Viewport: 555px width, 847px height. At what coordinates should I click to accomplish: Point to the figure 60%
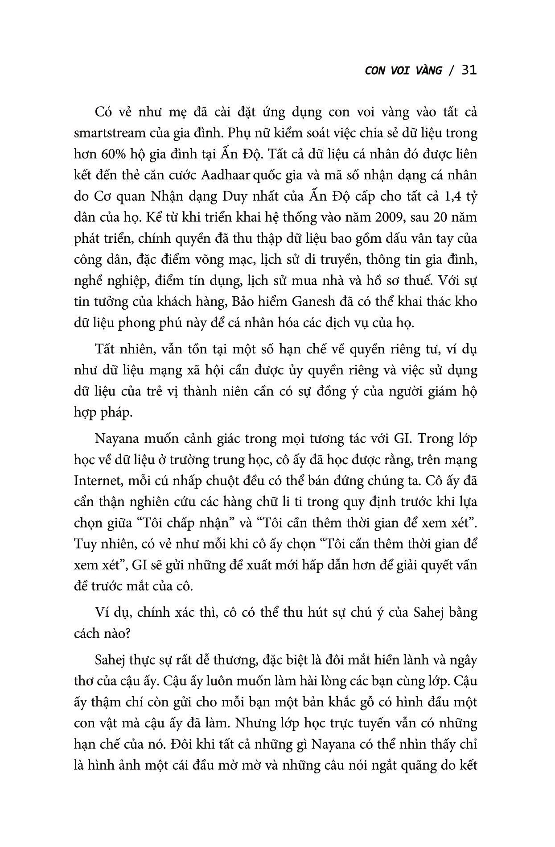tap(115, 154)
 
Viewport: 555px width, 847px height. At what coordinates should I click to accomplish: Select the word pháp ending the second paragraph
tap(115, 412)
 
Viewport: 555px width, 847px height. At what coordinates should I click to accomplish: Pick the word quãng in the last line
tap(418, 765)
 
